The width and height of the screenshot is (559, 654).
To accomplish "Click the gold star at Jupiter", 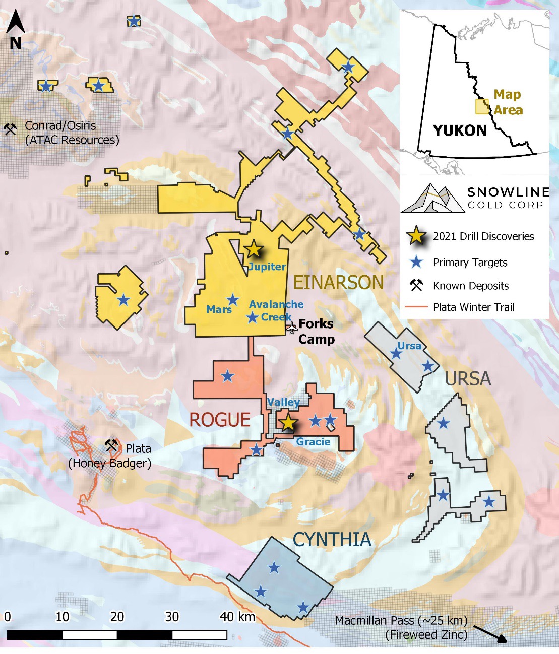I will point(254,249).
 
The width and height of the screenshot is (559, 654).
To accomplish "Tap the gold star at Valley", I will point(288,423).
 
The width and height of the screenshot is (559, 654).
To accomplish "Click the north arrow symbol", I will point(16,30).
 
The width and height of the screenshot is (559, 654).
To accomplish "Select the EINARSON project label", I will point(338,282).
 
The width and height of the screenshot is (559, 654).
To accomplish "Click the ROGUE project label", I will point(220,420).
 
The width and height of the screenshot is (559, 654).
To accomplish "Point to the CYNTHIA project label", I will point(332,540).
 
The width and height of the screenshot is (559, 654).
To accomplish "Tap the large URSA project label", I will point(468,379).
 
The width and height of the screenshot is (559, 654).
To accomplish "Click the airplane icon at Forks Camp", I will point(292,328).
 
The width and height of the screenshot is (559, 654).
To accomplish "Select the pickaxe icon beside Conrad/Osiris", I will point(10,129).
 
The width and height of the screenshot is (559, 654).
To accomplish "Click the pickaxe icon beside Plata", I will point(111,445).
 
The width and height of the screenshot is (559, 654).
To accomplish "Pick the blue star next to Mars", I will point(232,300).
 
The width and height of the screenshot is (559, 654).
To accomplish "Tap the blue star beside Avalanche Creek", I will point(253,317).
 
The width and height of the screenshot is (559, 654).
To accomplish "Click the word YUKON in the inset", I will point(460,130).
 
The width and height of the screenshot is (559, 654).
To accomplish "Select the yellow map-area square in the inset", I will point(482,106).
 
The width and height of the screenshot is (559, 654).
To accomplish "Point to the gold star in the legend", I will point(416,236).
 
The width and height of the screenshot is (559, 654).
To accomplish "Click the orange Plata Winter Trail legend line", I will point(416,307).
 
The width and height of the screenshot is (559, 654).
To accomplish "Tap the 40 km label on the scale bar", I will point(237,617).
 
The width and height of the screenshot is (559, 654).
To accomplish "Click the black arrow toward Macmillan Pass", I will point(490,633).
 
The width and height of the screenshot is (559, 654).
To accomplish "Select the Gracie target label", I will point(313,442).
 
